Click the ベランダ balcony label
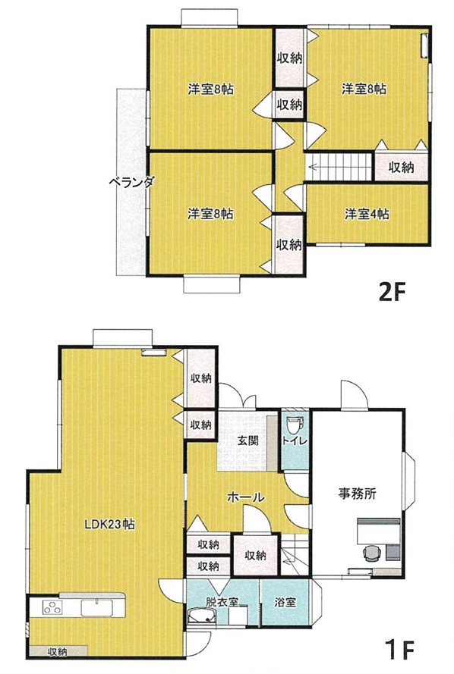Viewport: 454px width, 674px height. click(131, 183)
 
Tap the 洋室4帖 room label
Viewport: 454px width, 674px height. click(367, 214)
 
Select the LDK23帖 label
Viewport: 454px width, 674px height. click(109, 524)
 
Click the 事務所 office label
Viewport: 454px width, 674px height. click(358, 494)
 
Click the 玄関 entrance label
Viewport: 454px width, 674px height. click(247, 440)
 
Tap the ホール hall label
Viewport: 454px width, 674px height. click(245, 498)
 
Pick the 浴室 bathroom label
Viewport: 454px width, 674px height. click(285, 602)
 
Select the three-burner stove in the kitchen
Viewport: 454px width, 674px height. click(53, 608)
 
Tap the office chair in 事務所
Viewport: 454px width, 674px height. click(372, 553)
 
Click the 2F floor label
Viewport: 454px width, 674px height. click(392, 293)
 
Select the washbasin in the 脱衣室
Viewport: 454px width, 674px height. click(201, 616)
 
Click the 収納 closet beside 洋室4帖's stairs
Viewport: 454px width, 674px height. click(401, 167)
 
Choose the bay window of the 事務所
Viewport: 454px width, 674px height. click(409, 482)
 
